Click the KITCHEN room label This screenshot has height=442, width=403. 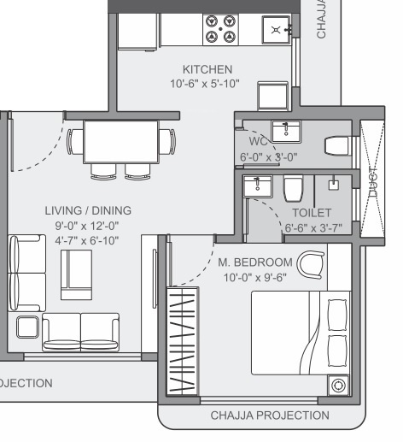pos(207,68)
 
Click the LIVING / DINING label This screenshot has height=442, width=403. pos(88,209)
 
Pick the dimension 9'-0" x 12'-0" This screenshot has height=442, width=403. pos(88,225)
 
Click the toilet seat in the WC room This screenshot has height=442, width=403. pos(338,145)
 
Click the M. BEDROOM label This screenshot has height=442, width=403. pos(254,262)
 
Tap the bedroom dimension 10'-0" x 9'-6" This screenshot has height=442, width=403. pos(254,278)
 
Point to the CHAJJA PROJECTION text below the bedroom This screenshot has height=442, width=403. pos(269,415)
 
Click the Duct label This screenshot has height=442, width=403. pos(372,189)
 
